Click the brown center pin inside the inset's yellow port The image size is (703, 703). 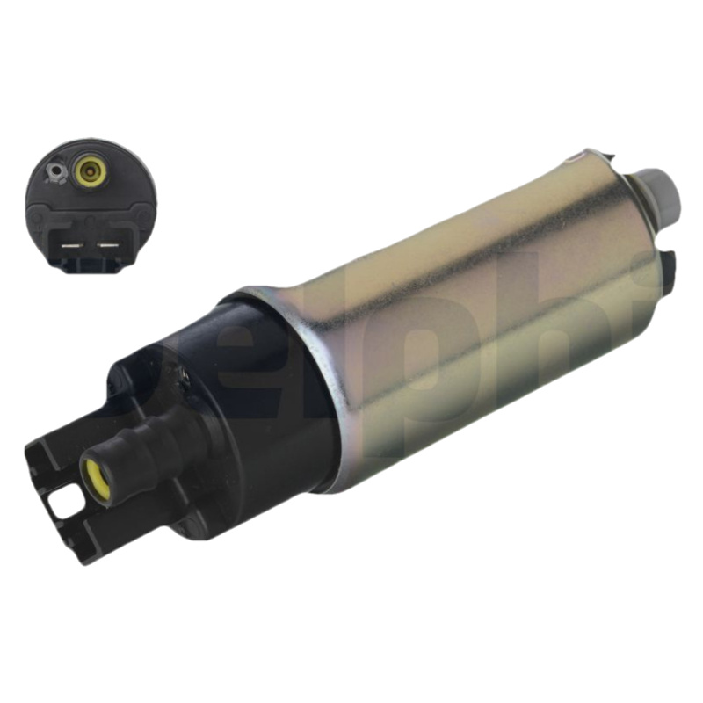pos(89,171)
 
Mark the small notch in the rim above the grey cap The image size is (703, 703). pos(575,159)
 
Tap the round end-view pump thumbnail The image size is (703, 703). pos(91,204)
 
